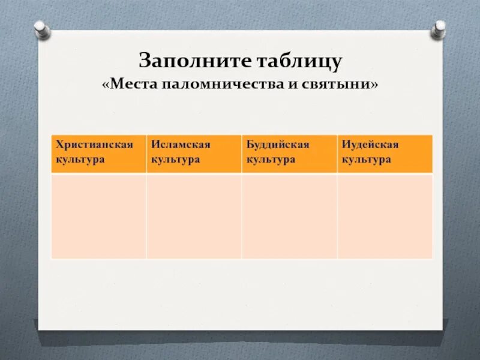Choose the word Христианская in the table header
coord(94,145)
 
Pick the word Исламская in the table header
coord(181,145)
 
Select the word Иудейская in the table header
coord(370,145)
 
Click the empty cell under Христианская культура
coord(98,216)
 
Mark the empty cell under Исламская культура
coord(194,216)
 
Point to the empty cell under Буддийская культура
coord(289,216)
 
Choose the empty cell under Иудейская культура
coord(385,216)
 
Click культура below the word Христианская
coord(80,160)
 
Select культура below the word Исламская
coord(175,160)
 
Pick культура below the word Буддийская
coord(271,160)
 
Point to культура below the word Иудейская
coord(366,160)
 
